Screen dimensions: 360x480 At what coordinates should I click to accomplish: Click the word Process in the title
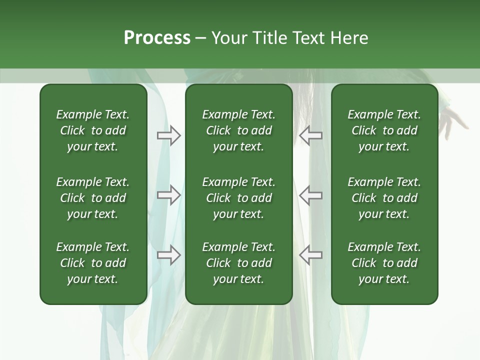157,38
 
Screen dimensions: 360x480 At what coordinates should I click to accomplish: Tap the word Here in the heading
349,38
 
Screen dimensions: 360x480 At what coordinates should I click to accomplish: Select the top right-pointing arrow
168,135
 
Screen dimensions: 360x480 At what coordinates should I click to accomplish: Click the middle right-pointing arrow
168,195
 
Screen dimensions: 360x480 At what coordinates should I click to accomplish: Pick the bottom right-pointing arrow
168,255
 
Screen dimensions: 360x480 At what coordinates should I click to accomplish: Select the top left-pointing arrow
310,135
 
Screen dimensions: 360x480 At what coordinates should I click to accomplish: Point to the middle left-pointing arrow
310,195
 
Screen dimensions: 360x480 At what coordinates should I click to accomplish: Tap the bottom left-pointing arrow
310,255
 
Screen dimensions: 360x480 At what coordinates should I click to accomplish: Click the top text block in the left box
93,130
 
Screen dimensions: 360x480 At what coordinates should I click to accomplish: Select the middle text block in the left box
93,198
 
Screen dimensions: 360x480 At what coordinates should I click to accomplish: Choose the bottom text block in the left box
93,263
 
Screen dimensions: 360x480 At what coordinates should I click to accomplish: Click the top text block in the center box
238,130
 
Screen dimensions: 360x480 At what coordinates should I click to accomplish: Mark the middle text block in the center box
238,198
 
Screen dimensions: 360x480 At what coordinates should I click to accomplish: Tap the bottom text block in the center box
238,263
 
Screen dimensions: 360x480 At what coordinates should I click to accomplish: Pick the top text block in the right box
384,130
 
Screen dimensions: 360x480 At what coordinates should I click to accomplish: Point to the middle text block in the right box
384,198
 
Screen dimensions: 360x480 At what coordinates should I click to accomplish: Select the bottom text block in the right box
384,263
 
